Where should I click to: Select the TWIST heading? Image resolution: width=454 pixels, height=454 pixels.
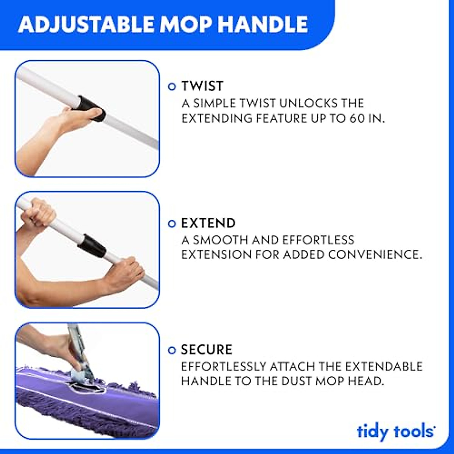click(x=202, y=86)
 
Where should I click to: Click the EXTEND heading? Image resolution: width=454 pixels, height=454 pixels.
click(x=208, y=223)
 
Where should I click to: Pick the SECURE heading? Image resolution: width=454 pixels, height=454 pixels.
click(x=207, y=350)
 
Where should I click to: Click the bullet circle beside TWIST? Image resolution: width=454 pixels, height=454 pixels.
click(x=172, y=87)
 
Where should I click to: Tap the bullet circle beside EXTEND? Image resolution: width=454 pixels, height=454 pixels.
click(x=172, y=224)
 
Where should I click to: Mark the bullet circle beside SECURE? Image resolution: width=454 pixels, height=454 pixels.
click(x=172, y=350)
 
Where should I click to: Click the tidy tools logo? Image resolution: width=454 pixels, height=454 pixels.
click(x=396, y=431)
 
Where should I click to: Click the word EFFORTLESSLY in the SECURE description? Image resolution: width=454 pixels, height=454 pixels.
click(x=224, y=366)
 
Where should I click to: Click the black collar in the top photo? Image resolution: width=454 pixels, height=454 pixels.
click(x=92, y=107)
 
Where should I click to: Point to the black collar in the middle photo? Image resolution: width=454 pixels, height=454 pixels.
click(x=92, y=245)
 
